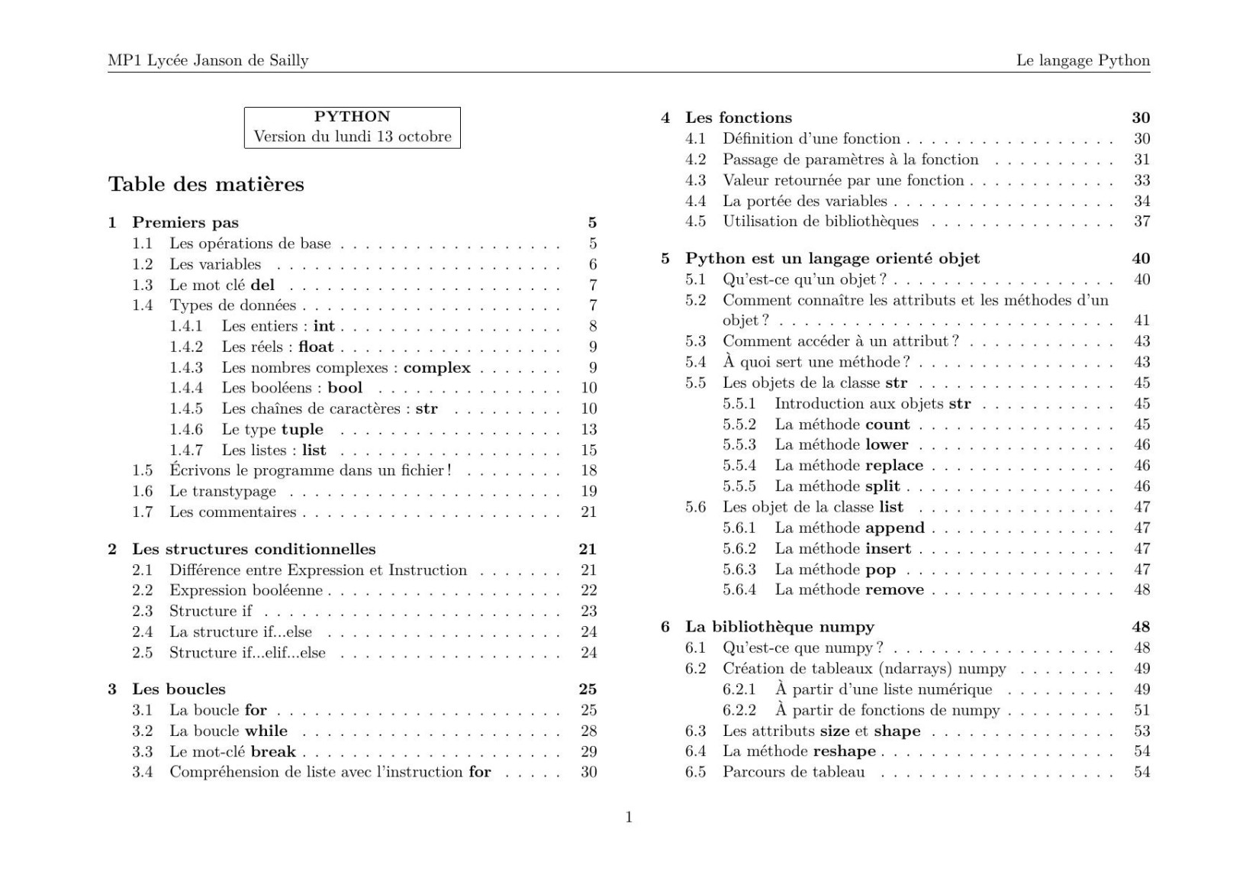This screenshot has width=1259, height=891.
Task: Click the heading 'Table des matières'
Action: [206, 184]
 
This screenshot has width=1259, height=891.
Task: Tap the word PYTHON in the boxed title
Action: [352, 117]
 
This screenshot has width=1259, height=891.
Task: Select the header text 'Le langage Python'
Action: [1083, 60]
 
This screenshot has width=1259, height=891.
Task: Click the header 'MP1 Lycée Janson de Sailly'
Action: [208, 60]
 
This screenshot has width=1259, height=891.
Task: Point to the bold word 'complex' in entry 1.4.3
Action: [437, 367]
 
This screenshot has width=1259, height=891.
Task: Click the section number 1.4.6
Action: [186, 429]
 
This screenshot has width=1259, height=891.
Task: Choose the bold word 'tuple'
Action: [302, 429]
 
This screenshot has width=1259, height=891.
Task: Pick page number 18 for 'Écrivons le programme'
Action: [588, 470]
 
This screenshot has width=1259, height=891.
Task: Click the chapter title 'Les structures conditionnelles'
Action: [253, 549]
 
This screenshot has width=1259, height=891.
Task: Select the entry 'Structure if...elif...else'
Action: [247, 653]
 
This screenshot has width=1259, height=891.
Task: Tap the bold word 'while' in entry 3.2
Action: [266, 731]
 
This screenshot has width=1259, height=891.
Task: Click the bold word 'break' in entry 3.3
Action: [273, 751]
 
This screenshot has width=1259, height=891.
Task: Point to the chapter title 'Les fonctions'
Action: [739, 118]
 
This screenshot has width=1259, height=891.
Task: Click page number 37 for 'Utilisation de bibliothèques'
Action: [1141, 221]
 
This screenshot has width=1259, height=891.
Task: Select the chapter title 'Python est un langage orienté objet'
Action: [832, 259]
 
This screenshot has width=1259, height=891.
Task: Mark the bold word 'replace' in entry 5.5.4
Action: [894, 465]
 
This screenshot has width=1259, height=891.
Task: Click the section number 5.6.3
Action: [739, 569]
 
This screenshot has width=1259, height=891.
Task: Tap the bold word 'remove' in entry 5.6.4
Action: [894, 589]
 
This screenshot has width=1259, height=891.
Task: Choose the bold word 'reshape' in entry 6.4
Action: [844, 751]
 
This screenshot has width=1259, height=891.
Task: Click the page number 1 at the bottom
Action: [629, 817]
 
